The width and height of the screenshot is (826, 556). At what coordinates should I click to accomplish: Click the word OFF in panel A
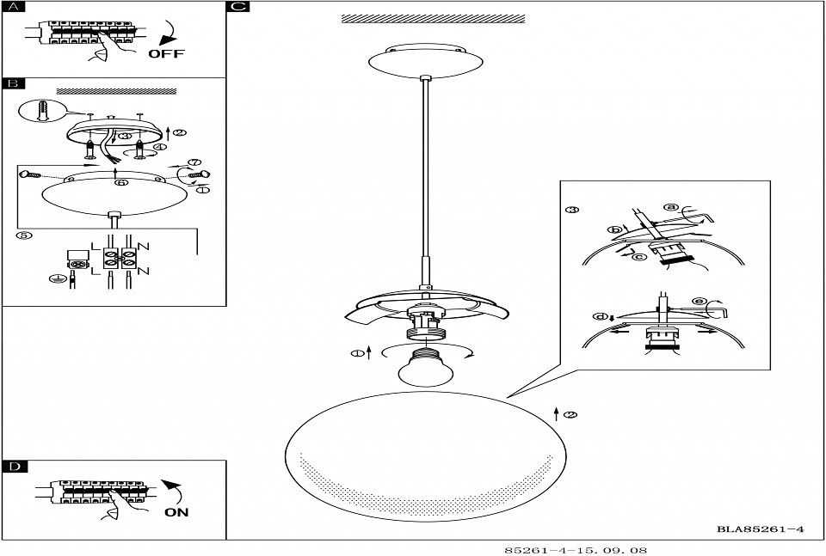pos(166,53)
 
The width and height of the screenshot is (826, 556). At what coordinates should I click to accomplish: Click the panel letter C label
pos(238,7)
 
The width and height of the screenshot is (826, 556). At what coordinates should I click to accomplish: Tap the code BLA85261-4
pos(760,529)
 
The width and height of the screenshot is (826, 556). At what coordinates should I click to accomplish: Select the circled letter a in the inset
pos(672,206)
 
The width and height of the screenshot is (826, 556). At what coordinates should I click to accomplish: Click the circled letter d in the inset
pos(599,317)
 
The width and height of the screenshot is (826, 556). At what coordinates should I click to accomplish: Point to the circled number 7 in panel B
pos(194,162)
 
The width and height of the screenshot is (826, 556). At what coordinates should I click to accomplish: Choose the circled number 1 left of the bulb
pos(355,352)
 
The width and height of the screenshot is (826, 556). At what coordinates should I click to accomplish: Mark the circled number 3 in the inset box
pos(572,211)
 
